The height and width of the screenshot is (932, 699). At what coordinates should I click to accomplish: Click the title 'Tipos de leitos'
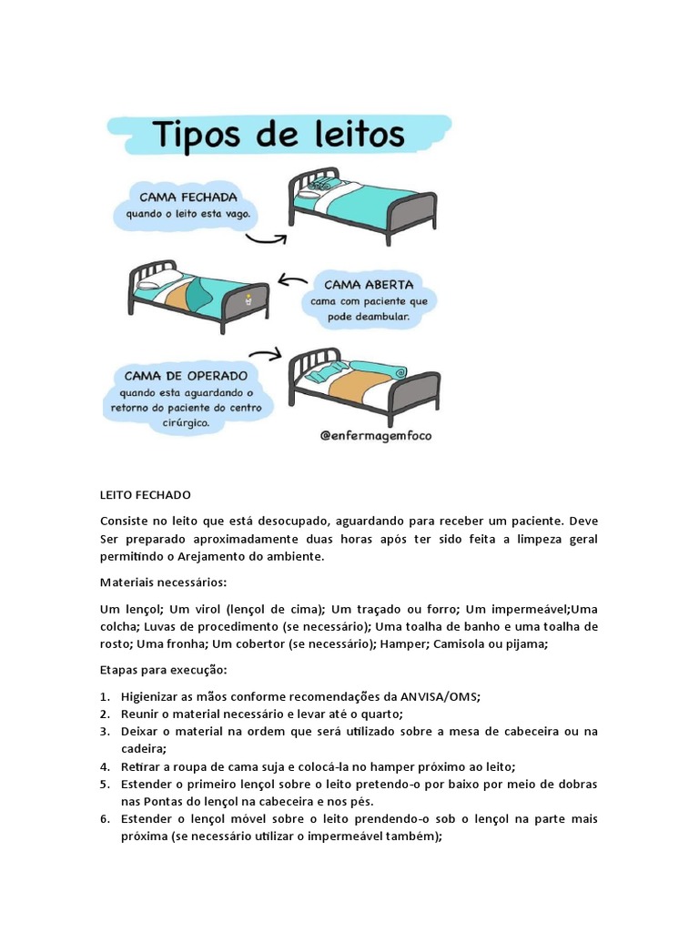(x=280, y=135)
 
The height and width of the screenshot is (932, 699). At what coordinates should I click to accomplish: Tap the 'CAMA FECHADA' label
(x=188, y=197)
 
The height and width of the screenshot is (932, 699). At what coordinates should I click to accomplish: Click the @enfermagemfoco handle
(x=376, y=435)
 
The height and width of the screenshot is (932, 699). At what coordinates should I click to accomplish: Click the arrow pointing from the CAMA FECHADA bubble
(x=267, y=238)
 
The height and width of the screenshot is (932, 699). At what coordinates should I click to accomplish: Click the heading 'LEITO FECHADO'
(x=146, y=495)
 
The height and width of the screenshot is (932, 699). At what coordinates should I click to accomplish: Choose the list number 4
(x=105, y=766)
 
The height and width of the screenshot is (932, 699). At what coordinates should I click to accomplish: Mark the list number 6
(x=105, y=819)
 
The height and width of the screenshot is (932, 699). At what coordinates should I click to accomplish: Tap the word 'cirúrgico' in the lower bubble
(x=184, y=423)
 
